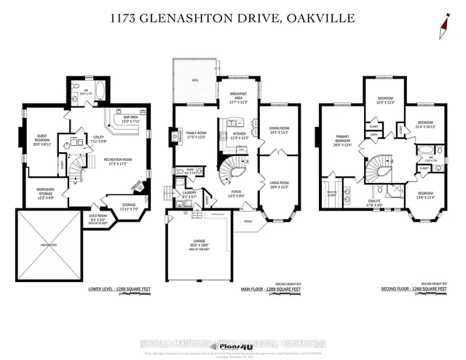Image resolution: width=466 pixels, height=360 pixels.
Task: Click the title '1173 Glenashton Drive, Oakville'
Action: click(233, 17)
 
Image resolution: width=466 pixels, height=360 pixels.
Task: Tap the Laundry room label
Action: click(189, 195)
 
